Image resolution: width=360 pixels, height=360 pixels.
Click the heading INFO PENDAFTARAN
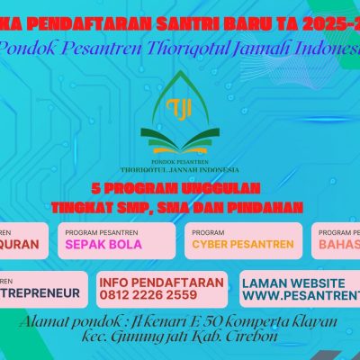tap(161, 282)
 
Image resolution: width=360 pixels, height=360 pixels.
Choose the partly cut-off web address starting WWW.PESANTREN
tap(301, 294)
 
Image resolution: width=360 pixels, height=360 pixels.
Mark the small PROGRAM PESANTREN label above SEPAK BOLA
tap(103, 230)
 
